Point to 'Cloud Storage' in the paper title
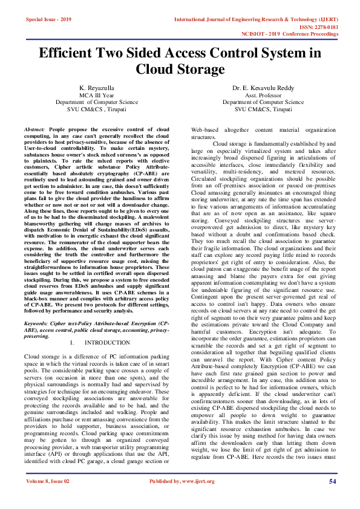point(180,70)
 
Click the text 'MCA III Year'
point(97,96)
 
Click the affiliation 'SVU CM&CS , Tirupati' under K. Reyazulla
point(97,109)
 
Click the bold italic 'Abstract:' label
point(34,130)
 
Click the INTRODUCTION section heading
point(103,343)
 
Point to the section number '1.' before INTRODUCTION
point(73,343)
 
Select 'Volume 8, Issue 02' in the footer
point(48,498)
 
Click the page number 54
point(332,498)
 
